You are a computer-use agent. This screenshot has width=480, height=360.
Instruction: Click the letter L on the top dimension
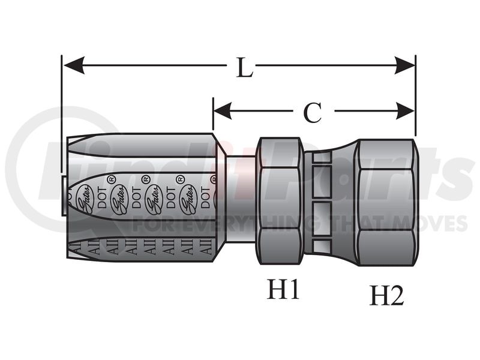[x=244, y=68]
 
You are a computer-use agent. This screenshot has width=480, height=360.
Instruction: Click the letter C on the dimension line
[x=312, y=112]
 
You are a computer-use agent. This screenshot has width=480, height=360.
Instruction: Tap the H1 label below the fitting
[x=283, y=290]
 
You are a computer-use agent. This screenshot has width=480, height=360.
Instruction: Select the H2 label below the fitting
[x=386, y=295]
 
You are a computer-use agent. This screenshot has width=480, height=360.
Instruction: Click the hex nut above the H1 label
[x=280, y=200]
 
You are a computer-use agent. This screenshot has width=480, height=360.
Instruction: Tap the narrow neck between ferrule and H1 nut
[x=241, y=199]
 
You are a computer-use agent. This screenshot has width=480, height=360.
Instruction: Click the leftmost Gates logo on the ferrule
[x=83, y=200]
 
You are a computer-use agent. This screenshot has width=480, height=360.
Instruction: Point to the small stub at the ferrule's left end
[x=64, y=182]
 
